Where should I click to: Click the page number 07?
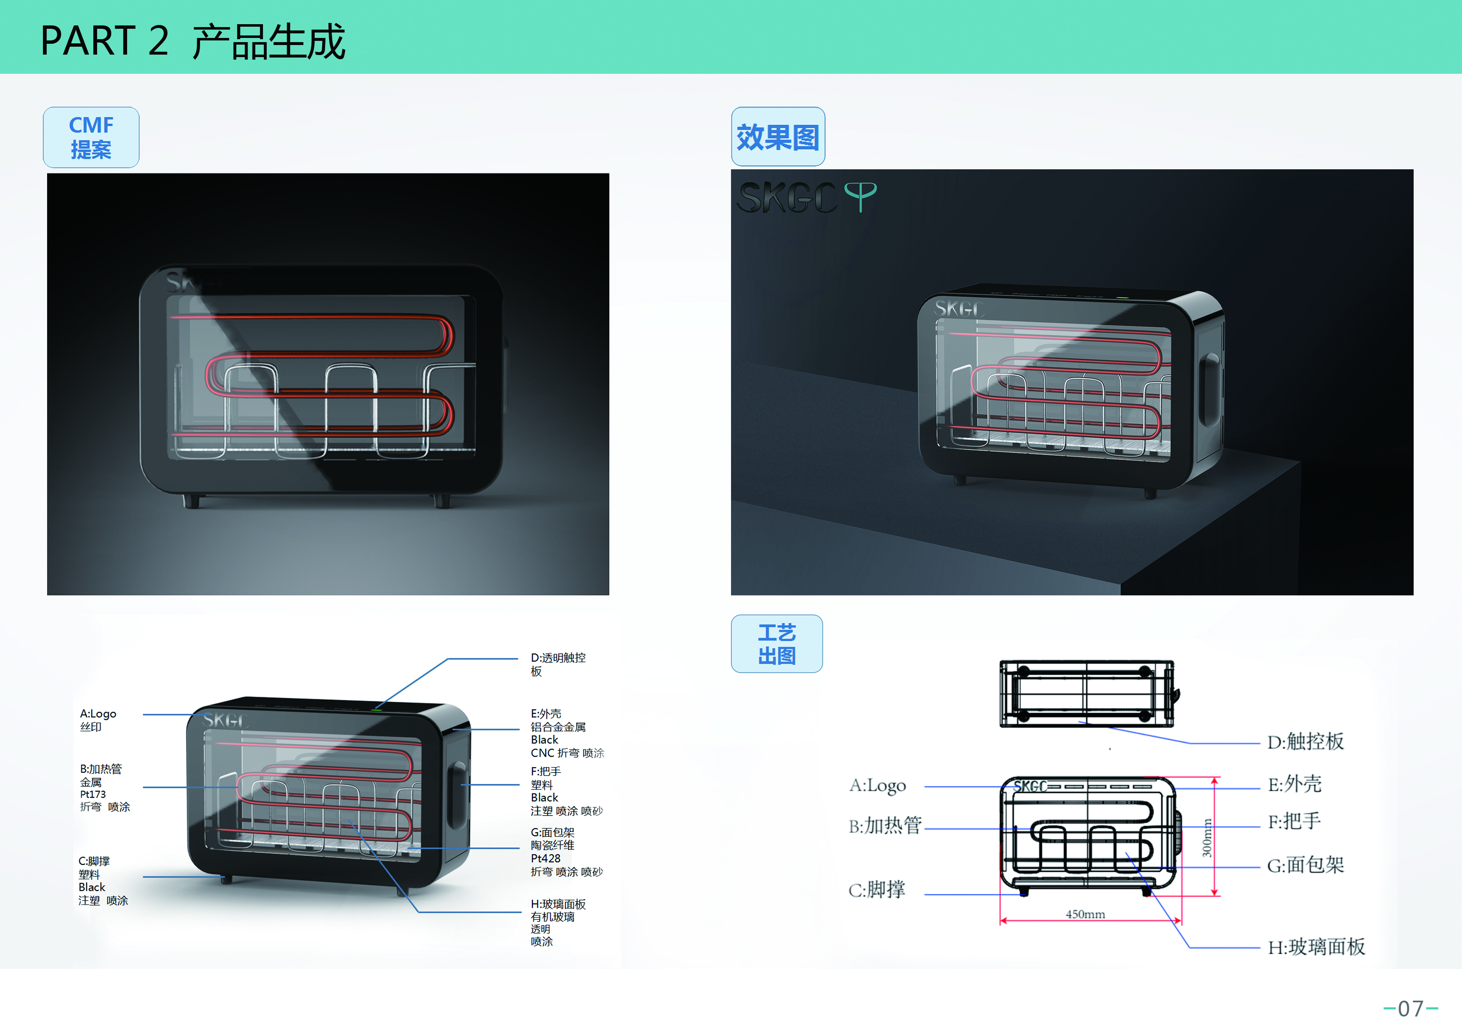pos(1410,1009)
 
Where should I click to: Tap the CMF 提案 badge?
pos(91,137)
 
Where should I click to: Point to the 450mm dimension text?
pos(1085,914)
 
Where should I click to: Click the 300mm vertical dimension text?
pos(1207,837)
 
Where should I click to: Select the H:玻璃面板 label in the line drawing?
pos(1316,947)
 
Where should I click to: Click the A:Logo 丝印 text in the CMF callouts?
pos(98,720)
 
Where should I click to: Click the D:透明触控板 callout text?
pos(557,664)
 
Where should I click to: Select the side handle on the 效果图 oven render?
pos(1210,389)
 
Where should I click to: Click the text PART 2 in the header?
pos(105,40)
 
